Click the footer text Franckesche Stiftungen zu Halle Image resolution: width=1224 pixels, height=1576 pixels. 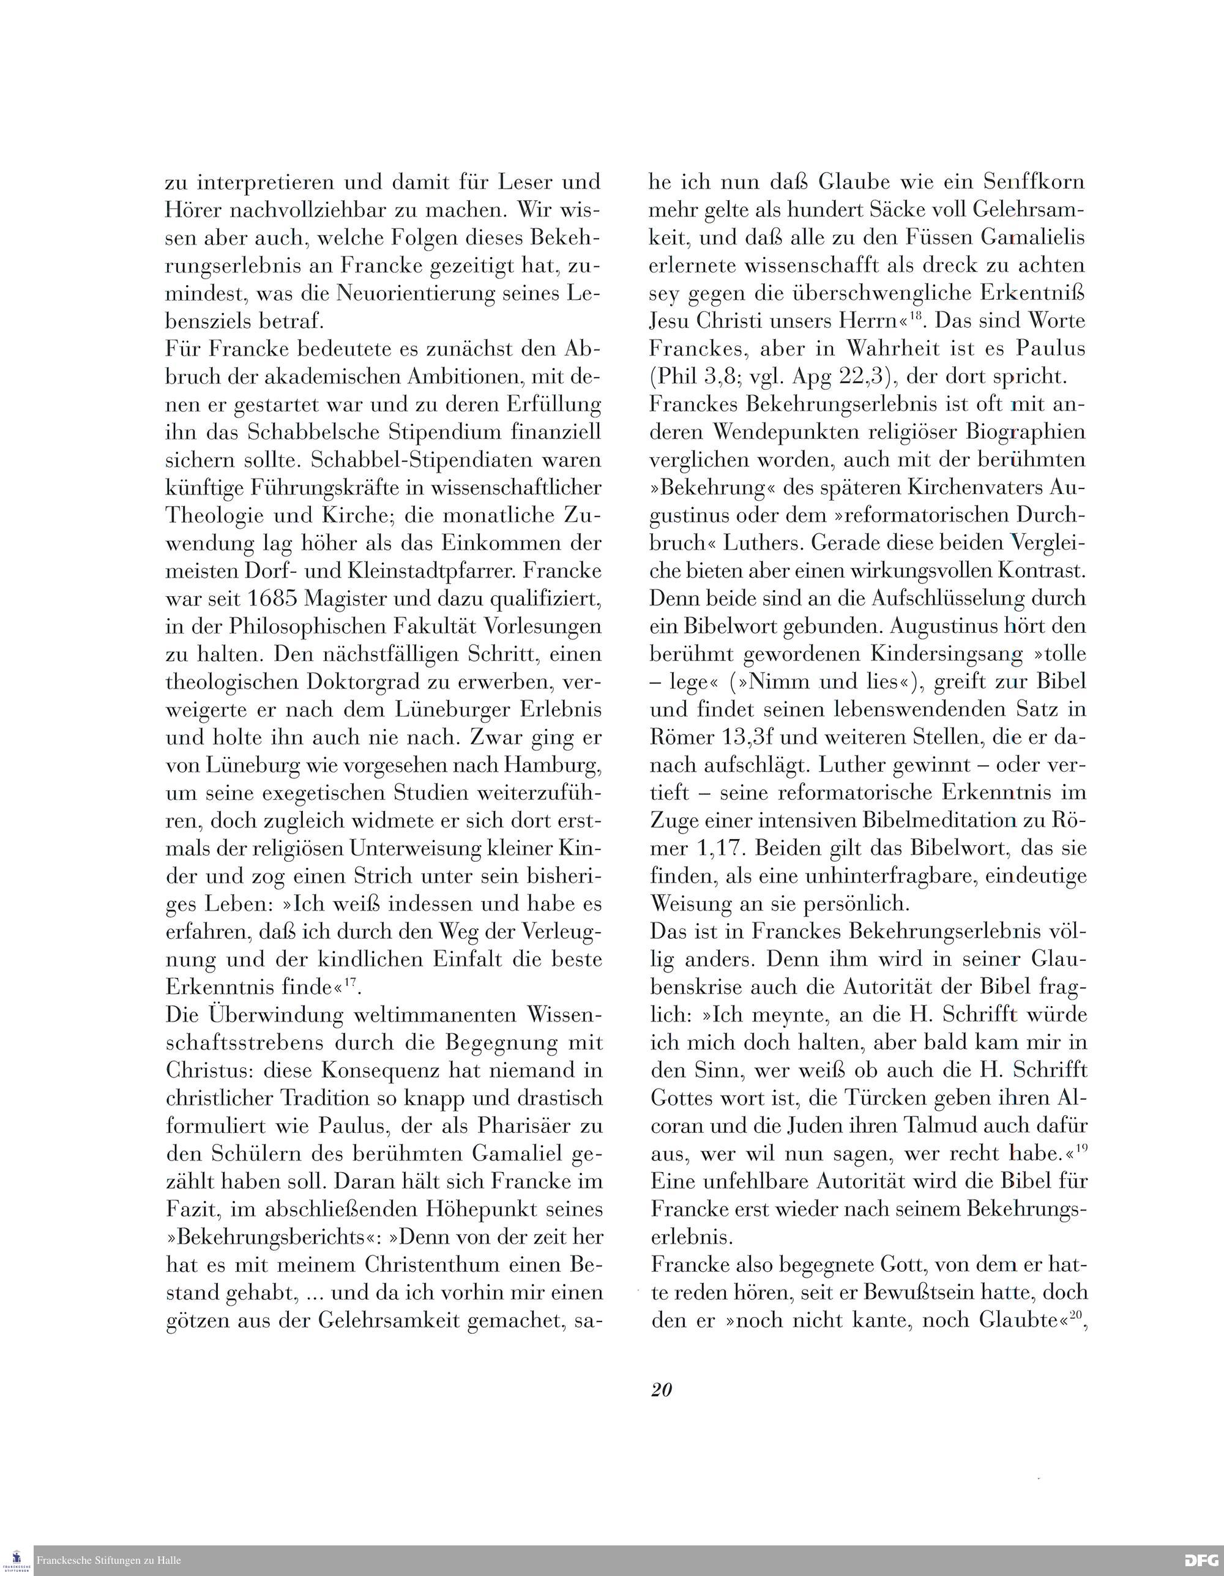tap(108, 1560)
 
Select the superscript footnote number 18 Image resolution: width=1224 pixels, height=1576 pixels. tap(916, 315)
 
